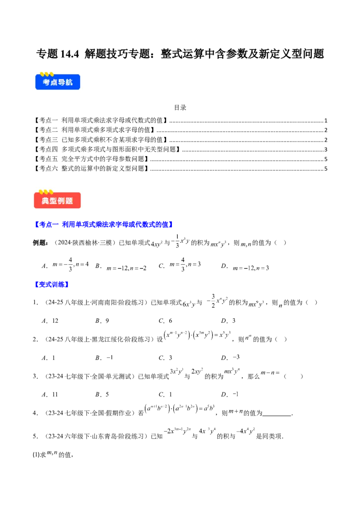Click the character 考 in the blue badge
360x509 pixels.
tap(46, 83)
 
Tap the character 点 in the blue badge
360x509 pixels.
tap(54, 83)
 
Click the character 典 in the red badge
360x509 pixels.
tap(45, 201)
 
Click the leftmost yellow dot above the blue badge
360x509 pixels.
tap(42, 74)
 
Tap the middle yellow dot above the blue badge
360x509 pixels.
tap(46, 74)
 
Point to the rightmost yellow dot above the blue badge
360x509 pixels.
tap(51, 74)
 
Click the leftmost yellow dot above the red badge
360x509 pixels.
tap(41, 192)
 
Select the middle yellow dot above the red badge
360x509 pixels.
tap(46, 192)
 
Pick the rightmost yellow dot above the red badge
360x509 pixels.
tap(51, 192)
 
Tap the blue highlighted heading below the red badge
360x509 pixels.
tap(103, 225)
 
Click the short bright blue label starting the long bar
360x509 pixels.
tap(51, 284)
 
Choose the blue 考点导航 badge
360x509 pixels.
tap(58, 82)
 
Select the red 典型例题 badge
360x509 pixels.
tap(58, 201)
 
